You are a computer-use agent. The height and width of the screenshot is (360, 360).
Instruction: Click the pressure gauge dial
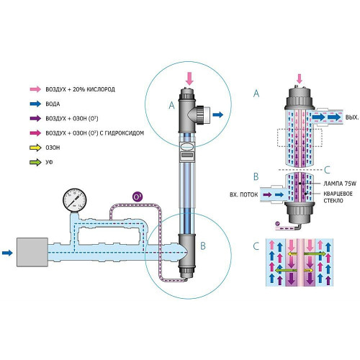tap(74, 200)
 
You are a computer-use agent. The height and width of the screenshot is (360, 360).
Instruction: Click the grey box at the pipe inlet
tap(32, 252)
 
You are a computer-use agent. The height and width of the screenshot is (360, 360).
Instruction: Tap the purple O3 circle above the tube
tap(138, 197)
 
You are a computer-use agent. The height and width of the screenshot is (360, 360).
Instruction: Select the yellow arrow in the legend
tap(35, 148)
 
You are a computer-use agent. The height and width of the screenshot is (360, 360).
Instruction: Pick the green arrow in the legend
tap(35, 162)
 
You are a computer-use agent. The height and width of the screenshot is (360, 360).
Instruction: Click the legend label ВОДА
tap(53, 104)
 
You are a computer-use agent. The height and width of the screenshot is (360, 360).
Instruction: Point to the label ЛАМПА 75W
tap(340, 184)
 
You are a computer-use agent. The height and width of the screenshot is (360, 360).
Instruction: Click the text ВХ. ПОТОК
tap(243, 194)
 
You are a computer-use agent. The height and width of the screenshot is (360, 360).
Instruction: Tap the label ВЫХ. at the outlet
tap(352, 117)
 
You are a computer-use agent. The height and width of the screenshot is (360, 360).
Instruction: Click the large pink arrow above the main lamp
tap(189, 78)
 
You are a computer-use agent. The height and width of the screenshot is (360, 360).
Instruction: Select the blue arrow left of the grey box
tap(7, 253)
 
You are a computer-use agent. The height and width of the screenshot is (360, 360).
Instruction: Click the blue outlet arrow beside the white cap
tap(218, 114)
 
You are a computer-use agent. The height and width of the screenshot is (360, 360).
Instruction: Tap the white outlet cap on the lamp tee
tap(207, 114)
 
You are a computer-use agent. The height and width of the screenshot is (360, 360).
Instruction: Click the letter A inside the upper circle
tap(171, 105)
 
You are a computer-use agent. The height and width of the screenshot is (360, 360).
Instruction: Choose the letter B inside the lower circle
tap(203, 246)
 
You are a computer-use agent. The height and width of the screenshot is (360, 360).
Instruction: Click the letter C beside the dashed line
tap(327, 170)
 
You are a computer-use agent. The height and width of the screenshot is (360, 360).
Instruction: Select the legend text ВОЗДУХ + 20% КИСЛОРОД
tap(81, 89)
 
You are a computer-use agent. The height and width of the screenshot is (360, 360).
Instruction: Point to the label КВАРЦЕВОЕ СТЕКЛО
tap(338, 197)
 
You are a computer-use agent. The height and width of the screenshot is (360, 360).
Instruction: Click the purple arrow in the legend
tap(35, 118)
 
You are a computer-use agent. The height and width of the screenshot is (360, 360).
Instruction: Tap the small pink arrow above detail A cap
tap(299, 78)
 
